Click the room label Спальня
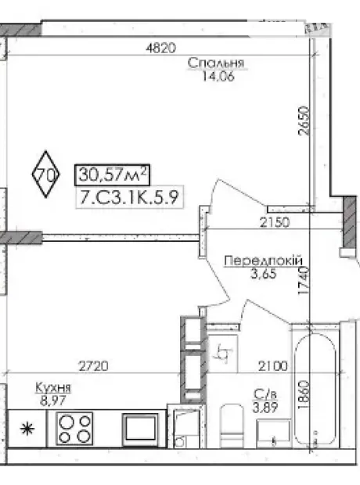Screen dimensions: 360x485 [216, 63]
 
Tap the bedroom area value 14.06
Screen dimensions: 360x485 [218, 76]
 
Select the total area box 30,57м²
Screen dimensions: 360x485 [113, 174]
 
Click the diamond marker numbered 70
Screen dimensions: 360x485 [46, 174]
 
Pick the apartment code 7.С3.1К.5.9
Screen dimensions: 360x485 [129, 197]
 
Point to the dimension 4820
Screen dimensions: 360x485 [160, 48]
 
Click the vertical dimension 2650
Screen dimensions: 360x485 [304, 120]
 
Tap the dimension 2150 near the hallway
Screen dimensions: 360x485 [275, 222]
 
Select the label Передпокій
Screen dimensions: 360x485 [264, 260]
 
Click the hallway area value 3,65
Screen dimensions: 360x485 [264, 274]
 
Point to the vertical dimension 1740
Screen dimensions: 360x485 [304, 281]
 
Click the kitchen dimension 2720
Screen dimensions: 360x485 [93, 366]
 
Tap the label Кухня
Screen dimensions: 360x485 [53, 387]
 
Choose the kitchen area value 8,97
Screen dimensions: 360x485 [53, 401]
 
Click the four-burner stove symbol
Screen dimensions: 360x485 [74, 429]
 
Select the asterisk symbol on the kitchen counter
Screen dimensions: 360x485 [27, 429]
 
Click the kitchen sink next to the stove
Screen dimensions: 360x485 [140, 429]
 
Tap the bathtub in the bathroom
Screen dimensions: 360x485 [315, 389]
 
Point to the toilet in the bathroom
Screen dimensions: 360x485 [232, 426]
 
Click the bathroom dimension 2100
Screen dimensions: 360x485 [273, 366]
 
